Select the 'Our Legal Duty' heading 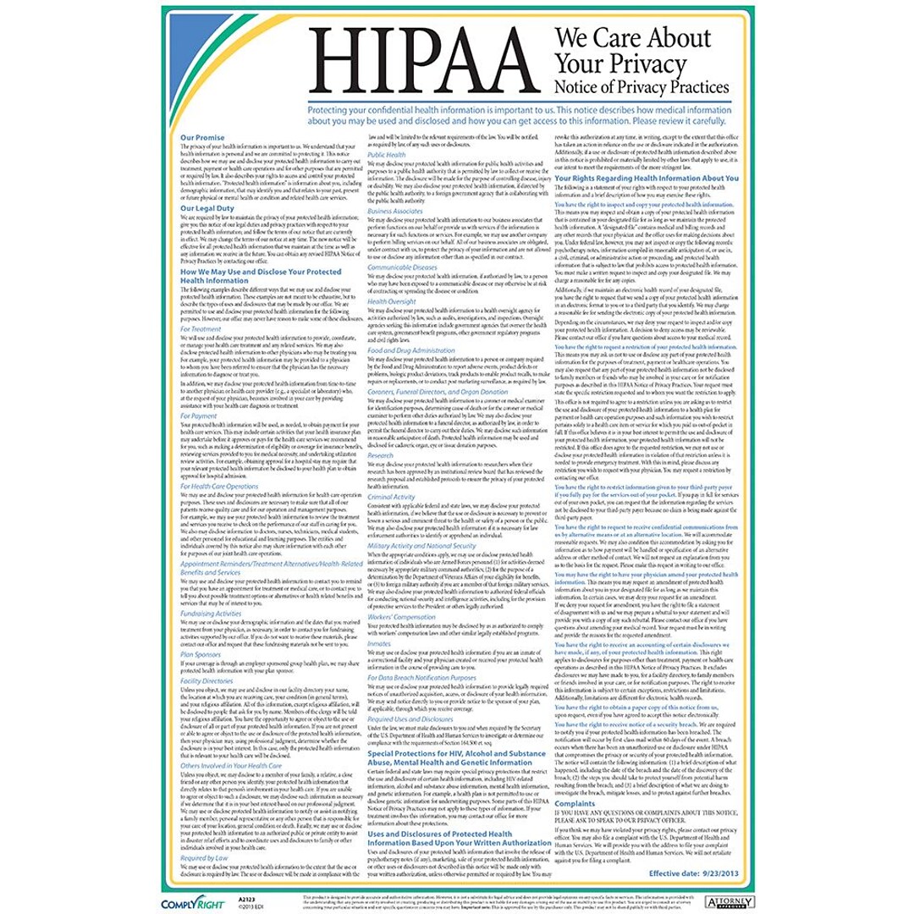[206, 208]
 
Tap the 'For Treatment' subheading [201, 328]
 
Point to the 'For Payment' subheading [199, 416]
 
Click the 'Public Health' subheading [387, 155]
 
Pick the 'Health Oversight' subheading [392, 300]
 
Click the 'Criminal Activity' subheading [392, 496]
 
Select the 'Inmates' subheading [379, 643]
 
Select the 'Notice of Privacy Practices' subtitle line [641, 87]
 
